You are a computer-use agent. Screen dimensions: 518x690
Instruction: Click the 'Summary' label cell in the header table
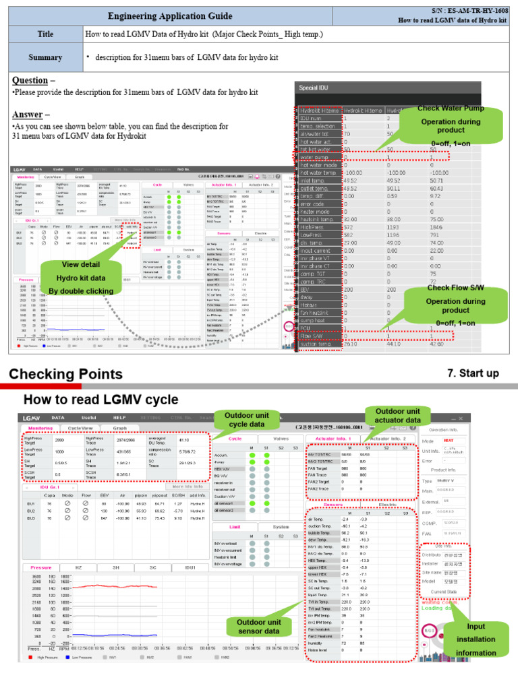pos(44,58)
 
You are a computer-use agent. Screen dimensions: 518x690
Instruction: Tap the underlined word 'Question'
pos(29,81)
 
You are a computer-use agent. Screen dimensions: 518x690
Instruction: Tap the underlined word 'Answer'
pos(26,114)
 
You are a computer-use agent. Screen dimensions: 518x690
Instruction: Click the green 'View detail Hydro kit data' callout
pos(80,278)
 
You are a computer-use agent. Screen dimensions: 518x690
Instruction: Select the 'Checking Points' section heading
pos(65,374)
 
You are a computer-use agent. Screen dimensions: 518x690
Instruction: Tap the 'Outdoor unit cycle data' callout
pos(246,420)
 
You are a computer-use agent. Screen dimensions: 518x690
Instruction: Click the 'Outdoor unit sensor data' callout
pos(258,626)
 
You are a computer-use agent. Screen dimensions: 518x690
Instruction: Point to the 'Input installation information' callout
pos(476,639)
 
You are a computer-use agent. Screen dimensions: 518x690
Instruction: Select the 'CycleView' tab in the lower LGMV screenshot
pos(81,428)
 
